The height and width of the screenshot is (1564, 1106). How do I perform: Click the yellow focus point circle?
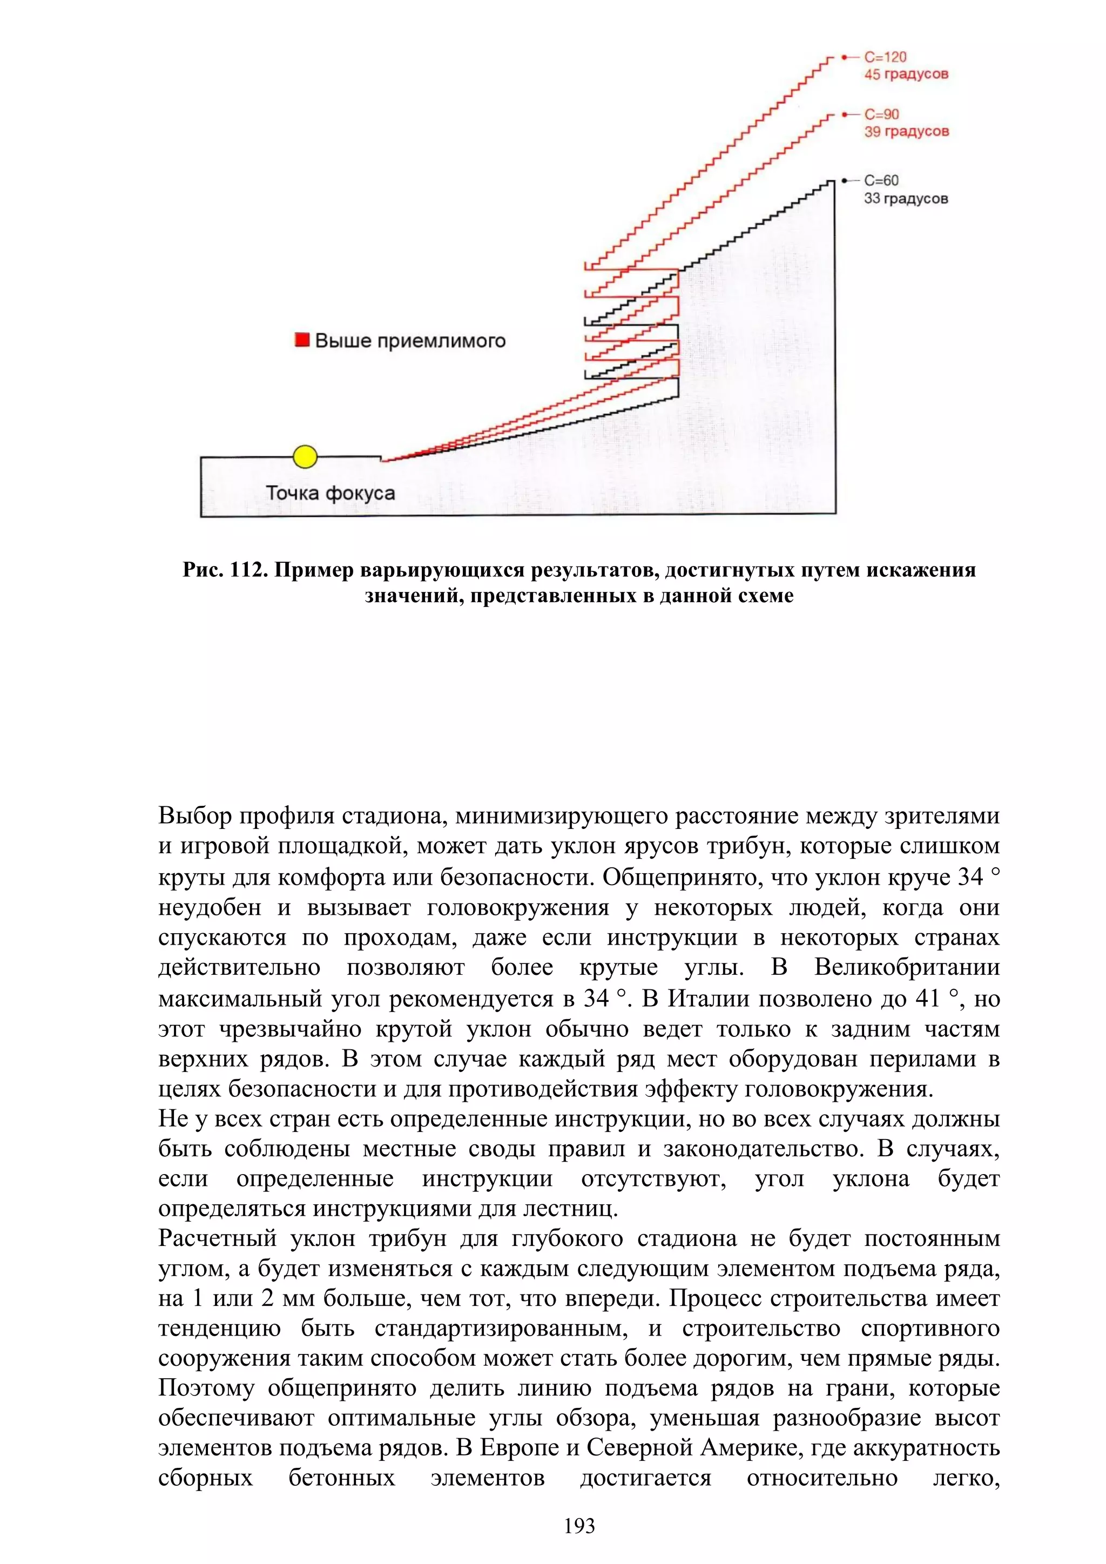click(x=305, y=456)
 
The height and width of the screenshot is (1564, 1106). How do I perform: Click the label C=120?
click(x=885, y=57)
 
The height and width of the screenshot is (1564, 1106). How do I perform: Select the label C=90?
click(x=881, y=114)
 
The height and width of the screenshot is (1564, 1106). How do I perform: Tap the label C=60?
click(x=881, y=180)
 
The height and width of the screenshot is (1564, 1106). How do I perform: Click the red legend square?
click(x=302, y=339)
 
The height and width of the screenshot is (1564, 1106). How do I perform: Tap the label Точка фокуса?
click(x=331, y=493)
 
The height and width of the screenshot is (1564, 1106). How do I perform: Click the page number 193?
click(x=579, y=1526)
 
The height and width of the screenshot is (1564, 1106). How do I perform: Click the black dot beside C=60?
click(x=845, y=180)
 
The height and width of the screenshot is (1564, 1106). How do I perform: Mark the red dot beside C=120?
click(x=845, y=57)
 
